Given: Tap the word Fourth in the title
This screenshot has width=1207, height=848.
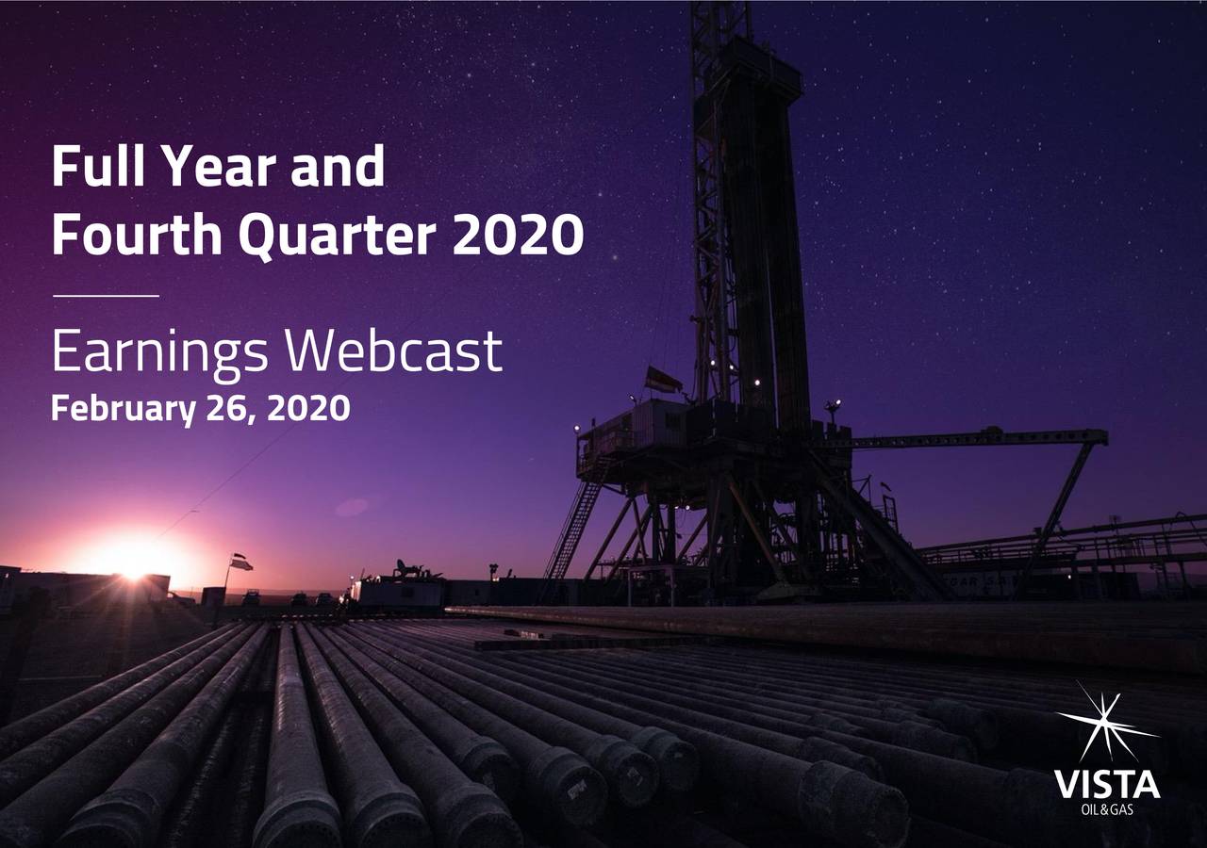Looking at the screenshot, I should click(141, 236).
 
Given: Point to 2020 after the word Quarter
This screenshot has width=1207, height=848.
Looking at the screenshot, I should click(518, 236).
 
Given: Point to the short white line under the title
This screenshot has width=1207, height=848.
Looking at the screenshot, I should click(106, 296).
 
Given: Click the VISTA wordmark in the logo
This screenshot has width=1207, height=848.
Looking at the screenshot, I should click(1106, 784).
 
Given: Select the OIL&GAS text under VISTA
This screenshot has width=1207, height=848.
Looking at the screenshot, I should click(1106, 808).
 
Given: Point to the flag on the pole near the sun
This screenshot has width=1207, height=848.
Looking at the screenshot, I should click(241, 562).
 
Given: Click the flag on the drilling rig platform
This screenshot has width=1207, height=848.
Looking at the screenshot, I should click(663, 380).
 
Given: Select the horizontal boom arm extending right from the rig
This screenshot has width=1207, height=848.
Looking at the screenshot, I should click(971, 438).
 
